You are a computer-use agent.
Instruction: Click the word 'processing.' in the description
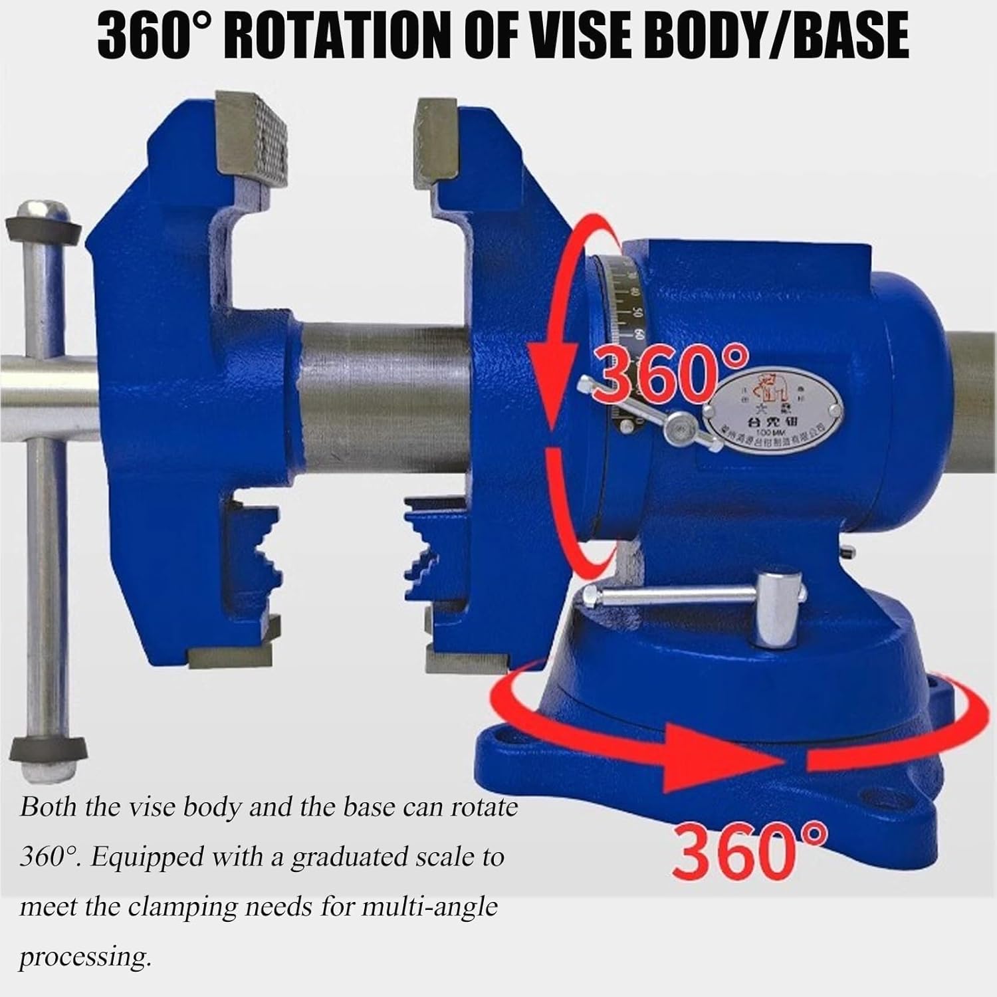pyautogui.click(x=83, y=957)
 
